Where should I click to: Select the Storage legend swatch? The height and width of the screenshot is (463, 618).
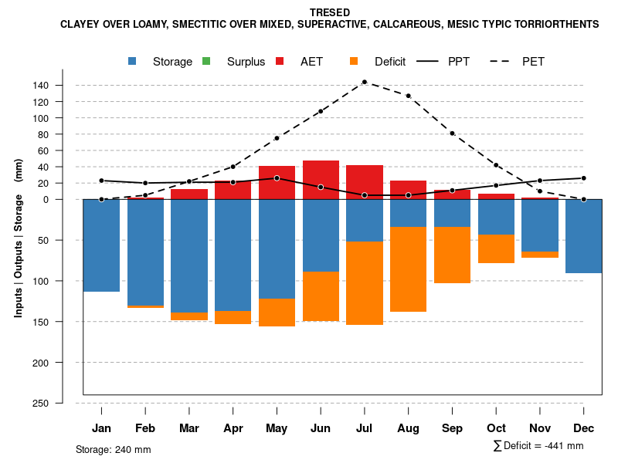pos(133,62)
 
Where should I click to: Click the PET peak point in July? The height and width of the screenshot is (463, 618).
pos(364,82)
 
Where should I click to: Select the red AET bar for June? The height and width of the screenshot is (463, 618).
pos(321,180)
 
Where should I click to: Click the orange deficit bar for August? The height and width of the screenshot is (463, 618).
pos(408,269)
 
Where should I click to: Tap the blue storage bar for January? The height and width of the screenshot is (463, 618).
pos(101,245)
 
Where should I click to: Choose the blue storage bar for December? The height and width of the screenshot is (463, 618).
pos(583,236)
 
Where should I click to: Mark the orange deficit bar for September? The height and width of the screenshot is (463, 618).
pos(452,255)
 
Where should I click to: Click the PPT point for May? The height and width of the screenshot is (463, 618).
pos(277,178)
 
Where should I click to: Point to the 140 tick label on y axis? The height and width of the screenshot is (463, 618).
pos(63,86)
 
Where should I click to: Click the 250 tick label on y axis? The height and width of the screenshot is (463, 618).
pos(63,404)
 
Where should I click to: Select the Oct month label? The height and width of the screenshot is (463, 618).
pos(496,428)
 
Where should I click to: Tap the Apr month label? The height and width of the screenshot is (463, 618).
pos(233,428)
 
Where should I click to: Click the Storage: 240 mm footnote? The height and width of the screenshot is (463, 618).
pos(113,450)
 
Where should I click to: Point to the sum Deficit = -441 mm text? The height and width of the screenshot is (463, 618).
pos(538,446)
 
